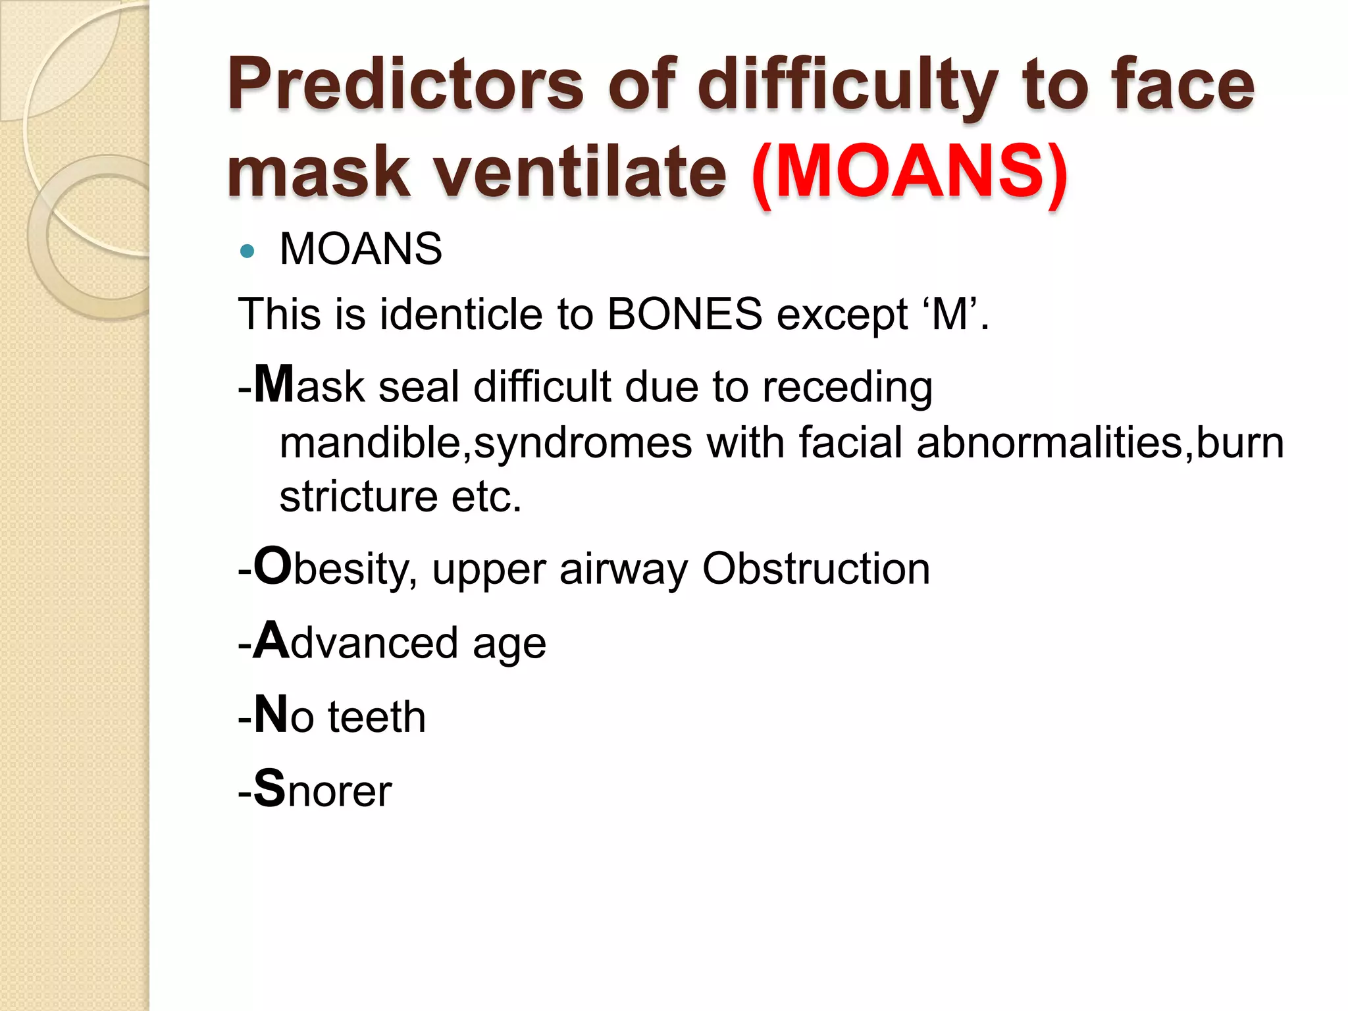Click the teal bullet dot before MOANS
click(x=247, y=251)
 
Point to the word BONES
click(x=685, y=314)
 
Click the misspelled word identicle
click(x=460, y=314)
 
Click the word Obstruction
click(x=816, y=568)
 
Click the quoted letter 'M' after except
click(x=950, y=314)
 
